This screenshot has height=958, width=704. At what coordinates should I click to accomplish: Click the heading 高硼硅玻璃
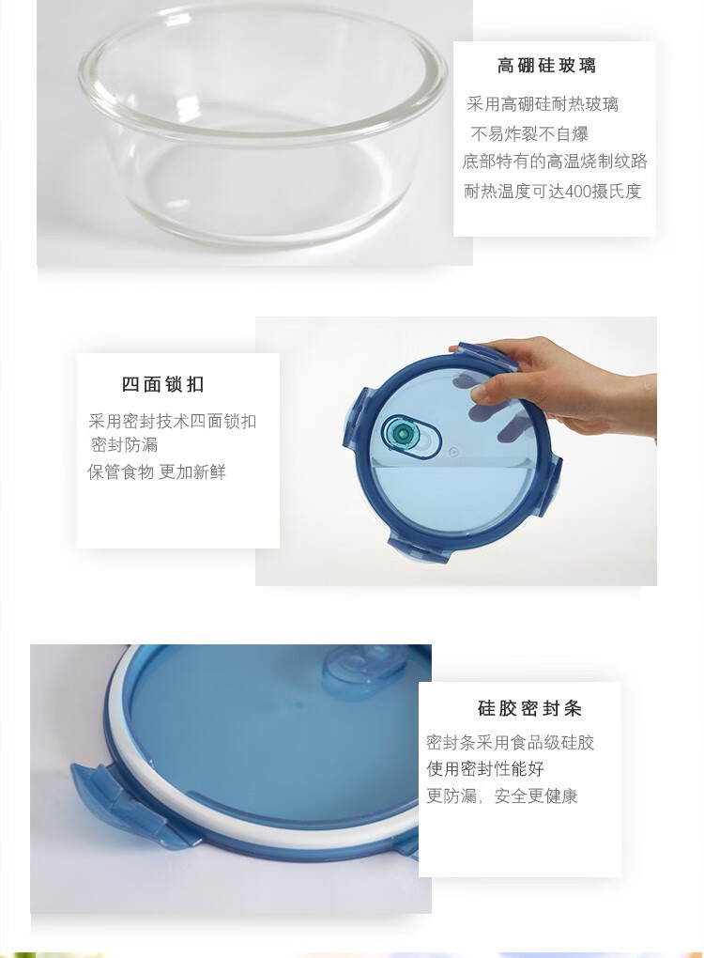[x=546, y=65]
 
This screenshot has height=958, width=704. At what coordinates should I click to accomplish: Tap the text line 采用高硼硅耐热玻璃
[x=543, y=104]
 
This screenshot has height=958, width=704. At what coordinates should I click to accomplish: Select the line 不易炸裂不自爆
[x=529, y=133]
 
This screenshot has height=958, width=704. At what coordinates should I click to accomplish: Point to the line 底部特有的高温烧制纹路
[x=555, y=162]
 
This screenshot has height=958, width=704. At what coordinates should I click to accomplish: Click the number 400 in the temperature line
[x=577, y=192]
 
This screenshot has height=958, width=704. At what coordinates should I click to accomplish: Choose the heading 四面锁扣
[x=163, y=384]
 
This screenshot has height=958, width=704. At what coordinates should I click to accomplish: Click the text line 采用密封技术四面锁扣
[x=172, y=421]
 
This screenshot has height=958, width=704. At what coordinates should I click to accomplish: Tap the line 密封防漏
[x=124, y=445]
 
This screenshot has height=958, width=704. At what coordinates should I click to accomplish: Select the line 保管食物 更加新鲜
[x=157, y=471]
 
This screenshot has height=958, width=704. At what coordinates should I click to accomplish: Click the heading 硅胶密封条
[x=530, y=708]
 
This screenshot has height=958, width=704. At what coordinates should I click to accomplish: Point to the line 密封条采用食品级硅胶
[x=511, y=742]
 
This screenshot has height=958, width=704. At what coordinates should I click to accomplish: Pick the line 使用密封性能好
[x=485, y=768]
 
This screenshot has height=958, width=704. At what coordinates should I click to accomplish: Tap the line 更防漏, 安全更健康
[x=502, y=796]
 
